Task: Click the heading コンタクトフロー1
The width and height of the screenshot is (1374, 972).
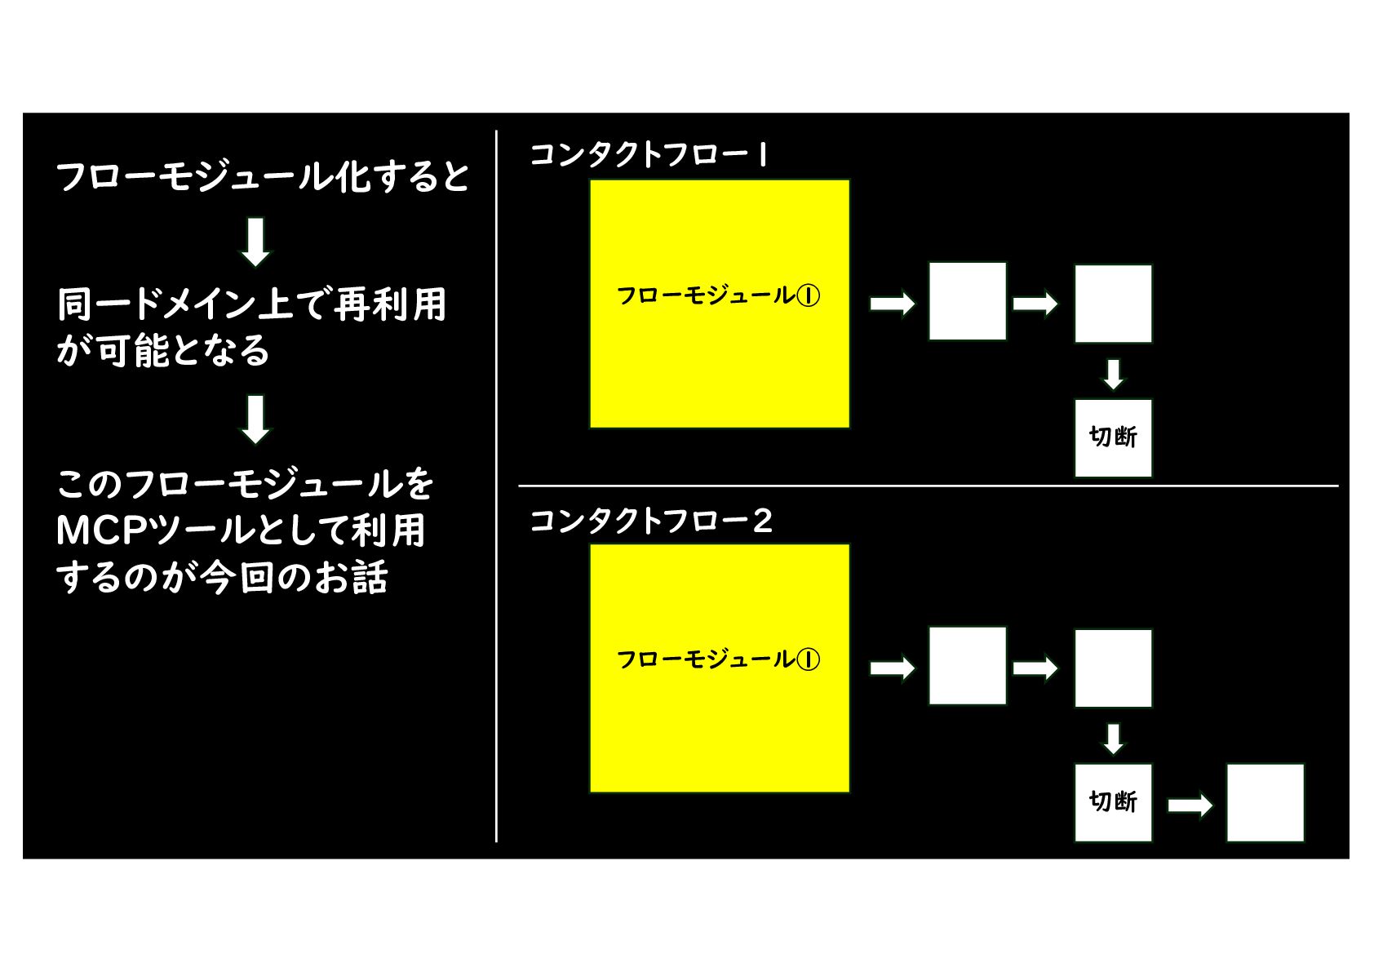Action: [649, 154]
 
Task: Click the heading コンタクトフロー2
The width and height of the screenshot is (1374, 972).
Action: [651, 521]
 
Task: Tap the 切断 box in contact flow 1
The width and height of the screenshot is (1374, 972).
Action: [1113, 437]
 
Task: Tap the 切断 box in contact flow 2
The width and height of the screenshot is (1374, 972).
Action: [1113, 802]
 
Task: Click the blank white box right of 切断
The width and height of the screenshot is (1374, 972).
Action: [1265, 802]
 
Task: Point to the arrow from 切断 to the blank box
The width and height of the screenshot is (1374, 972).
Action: [1190, 806]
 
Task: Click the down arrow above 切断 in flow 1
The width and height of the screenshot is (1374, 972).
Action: [1113, 374]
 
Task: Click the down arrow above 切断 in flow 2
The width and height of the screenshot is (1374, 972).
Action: [1113, 739]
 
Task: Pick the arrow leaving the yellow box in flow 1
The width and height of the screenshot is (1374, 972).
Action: [892, 304]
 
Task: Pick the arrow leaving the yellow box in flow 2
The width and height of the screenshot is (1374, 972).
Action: [892, 668]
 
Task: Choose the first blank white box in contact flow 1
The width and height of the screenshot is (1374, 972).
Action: [967, 301]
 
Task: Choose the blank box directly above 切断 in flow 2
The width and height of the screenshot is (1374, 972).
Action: [1113, 668]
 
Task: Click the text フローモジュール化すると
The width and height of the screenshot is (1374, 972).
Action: [263, 177]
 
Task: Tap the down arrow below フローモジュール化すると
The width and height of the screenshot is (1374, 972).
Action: [255, 242]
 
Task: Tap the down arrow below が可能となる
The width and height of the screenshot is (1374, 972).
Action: [255, 419]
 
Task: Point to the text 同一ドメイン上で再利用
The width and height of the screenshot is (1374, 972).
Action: [252, 305]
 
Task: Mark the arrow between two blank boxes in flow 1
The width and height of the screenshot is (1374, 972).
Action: [1035, 304]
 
